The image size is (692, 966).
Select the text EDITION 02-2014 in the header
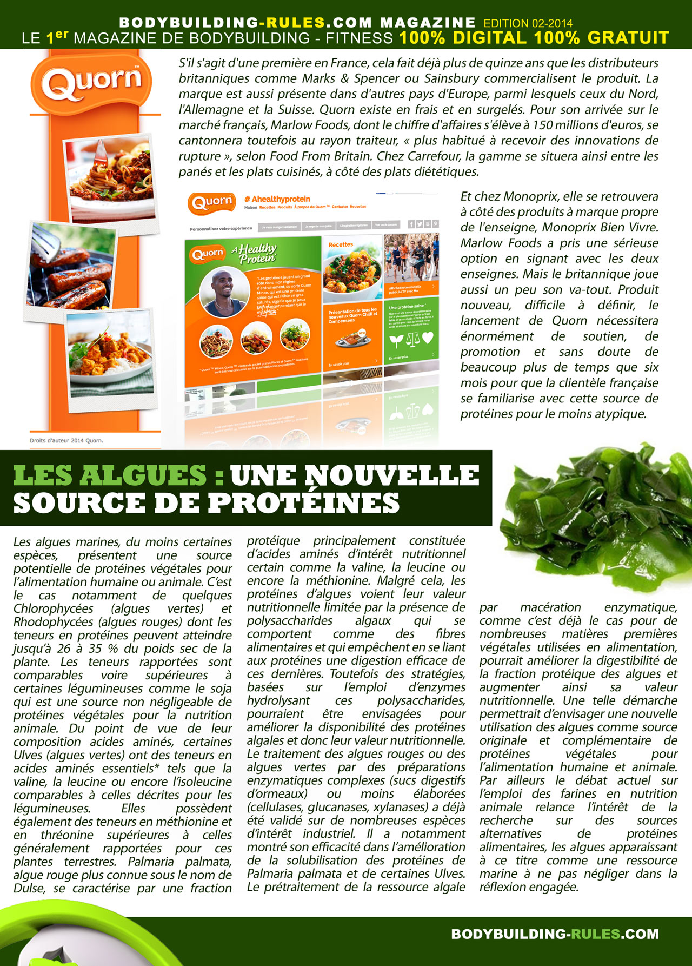coord(528,23)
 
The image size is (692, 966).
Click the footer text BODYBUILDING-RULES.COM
coord(555,934)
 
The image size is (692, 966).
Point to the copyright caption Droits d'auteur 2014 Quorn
coord(66,440)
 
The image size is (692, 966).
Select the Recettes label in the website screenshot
coord(341,244)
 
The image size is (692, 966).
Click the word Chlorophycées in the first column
coord(53,608)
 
